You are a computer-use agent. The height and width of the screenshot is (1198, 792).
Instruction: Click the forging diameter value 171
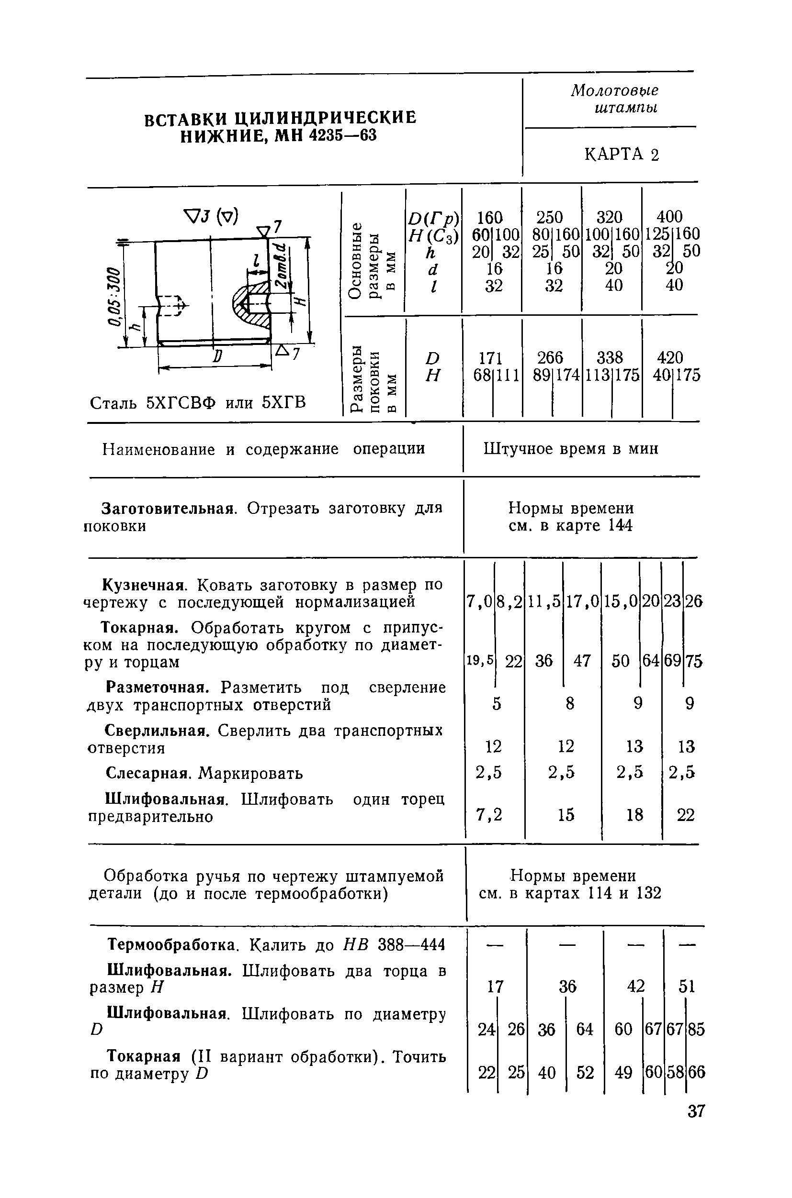(x=490, y=358)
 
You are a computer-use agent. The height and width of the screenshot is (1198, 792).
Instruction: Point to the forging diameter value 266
(x=550, y=358)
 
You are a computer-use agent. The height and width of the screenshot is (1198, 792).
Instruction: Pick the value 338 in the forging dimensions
(x=610, y=358)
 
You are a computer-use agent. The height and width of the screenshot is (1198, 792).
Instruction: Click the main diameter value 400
(x=669, y=217)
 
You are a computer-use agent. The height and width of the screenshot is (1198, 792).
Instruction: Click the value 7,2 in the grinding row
(x=489, y=814)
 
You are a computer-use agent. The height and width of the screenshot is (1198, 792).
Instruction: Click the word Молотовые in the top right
(x=615, y=91)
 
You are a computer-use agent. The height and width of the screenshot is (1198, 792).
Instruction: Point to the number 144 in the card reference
(x=620, y=526)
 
